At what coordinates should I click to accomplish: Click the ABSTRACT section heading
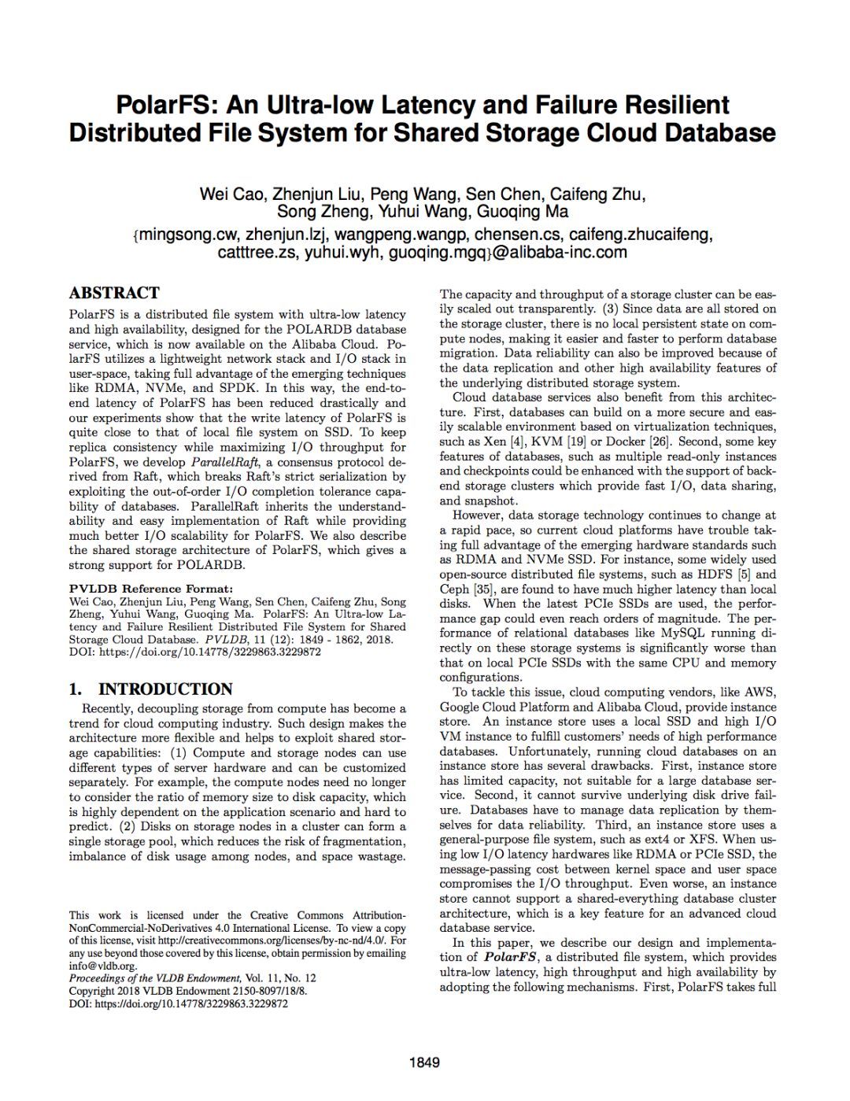[114, 294]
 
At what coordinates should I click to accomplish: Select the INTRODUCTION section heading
[165, 689]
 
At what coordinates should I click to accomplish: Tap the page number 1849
[424, 1062]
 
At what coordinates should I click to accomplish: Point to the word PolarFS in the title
[166, 105]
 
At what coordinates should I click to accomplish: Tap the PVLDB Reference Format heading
[150, 588]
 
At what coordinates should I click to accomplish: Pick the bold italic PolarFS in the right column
[511, 958]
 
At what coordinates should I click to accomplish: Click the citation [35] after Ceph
[482, 589]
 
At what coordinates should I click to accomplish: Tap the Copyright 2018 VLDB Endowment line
[187, 991]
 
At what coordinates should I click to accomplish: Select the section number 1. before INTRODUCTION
[76, 689]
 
